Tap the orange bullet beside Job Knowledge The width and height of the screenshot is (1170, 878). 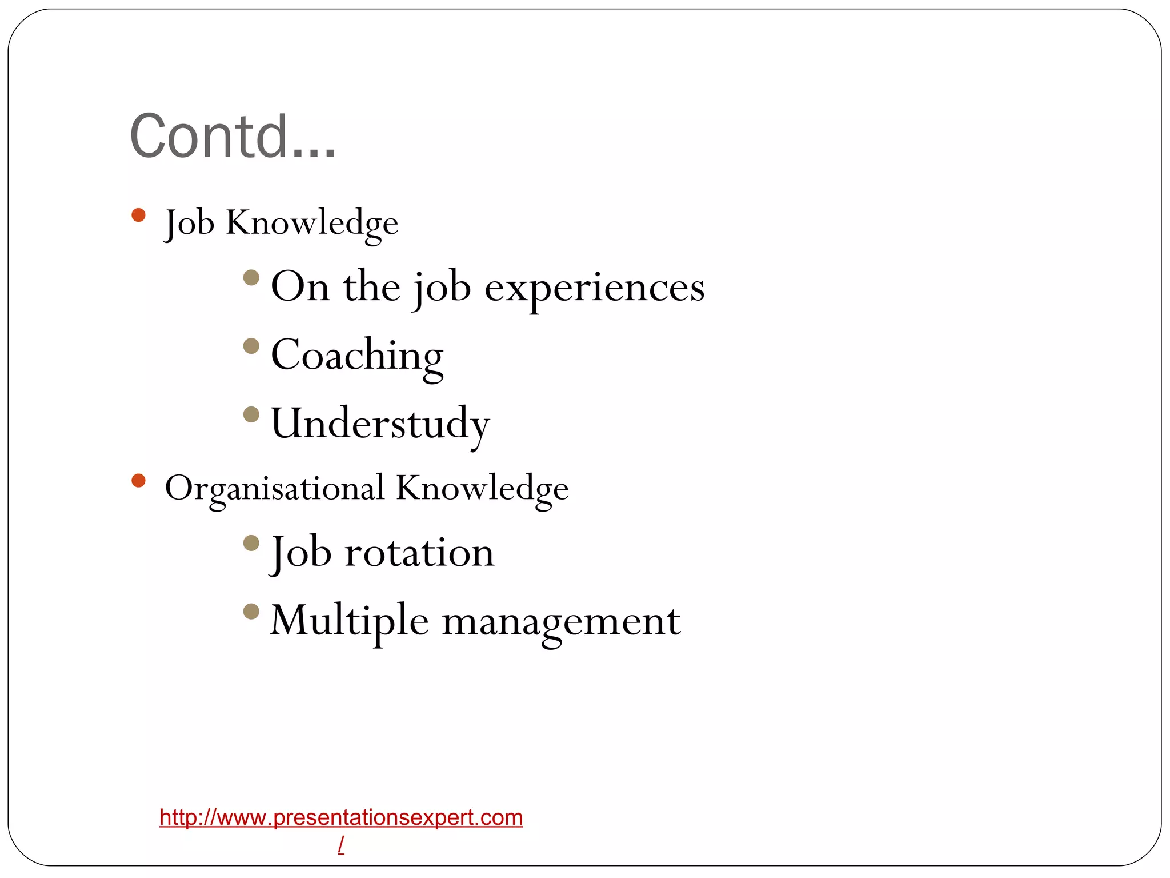pyautogui.click(x=138, y=215)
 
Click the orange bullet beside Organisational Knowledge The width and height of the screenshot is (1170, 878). pyautogui.click(x=138, y=480)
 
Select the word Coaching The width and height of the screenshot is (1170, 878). pyautogui.click(x=357, y=356)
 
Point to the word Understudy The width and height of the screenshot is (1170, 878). pyautogui.click(x=380, y=424)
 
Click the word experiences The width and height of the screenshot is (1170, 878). pyautogui.click(x=594, y=288)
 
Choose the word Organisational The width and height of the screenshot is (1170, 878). pyautogui.click(x=274, y=489)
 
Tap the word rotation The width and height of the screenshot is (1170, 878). pyautogui.click(x=419, y=553)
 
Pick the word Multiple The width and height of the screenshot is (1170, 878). pyautogui.click(x=349, y=622)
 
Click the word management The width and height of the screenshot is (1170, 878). pyautogui.click(x=561, y=622)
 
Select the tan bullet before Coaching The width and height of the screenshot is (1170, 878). pyautogui.click(x=251, y=346)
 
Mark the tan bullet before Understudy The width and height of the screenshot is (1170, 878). pyautogui.click(x=251, y=414)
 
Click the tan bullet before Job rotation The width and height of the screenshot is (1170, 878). pyautogui.click(x=251, y=542)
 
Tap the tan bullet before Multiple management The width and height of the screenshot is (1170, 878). pyautogui.click(x=251, y=612)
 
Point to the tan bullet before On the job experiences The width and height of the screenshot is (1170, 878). pyautogui.click(x=251, y=278)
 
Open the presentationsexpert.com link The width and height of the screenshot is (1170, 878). pyautogui.click(x=341, y=817)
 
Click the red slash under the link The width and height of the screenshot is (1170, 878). pyautogui.click(x=341, y=844)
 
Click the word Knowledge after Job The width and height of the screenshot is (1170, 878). pyautogui.click(x=312, y=223)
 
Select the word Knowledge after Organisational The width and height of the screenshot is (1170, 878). pyautogui.click(x=482, y=489)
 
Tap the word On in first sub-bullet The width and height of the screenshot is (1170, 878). pyautogui.click(x=300, y=287)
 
